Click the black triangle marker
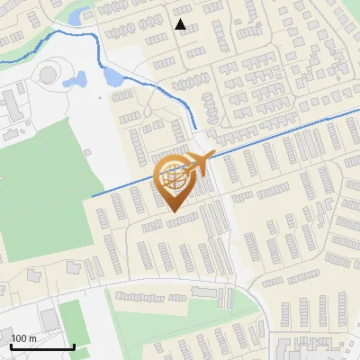tap(181, 24)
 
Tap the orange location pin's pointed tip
tap(175, 212)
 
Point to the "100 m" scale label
tap(23, 338)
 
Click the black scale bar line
tap(41, 346)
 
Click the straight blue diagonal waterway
tap(270, 135)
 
